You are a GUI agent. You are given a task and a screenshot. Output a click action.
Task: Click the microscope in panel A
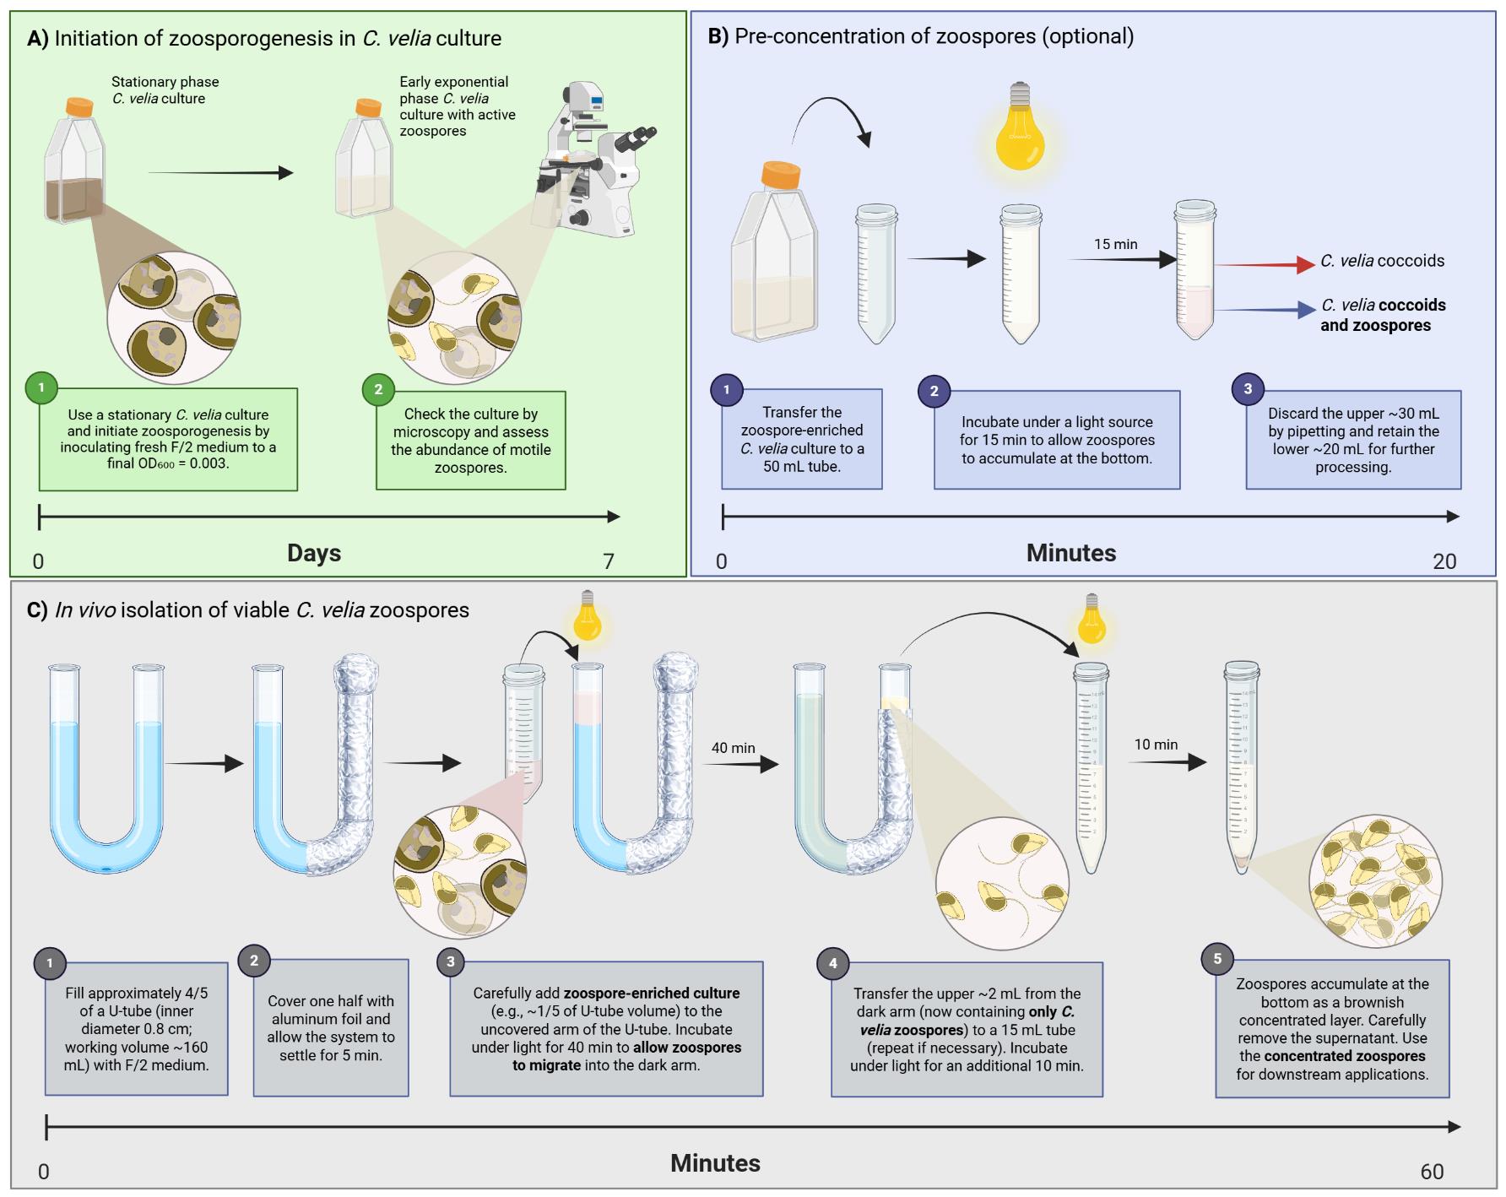591,160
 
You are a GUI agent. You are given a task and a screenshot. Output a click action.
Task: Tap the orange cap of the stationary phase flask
79,107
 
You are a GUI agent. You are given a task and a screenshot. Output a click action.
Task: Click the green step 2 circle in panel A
378,389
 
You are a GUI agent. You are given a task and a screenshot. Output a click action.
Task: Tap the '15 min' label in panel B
1115,244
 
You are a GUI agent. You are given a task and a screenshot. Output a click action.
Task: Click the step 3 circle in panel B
1248,388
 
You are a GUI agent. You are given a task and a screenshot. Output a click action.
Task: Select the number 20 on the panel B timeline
1444,561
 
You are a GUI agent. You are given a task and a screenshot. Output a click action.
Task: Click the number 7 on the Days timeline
609,561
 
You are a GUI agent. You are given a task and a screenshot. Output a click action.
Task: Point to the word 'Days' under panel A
314,553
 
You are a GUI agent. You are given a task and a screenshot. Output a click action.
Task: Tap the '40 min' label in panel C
733,748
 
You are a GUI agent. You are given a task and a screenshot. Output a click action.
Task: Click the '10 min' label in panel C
1156,745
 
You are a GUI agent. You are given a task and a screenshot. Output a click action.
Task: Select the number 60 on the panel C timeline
1432,1172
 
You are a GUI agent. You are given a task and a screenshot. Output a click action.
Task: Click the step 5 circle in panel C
1217,958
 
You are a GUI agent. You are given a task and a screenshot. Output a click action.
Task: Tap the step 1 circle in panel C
50,962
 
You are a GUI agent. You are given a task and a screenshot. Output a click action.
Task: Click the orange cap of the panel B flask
780,175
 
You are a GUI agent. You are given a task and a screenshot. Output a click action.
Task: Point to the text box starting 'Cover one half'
331,1027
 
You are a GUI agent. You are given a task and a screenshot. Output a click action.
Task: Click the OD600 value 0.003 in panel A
209,463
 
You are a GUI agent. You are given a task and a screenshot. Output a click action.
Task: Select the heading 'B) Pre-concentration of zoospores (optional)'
920,36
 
